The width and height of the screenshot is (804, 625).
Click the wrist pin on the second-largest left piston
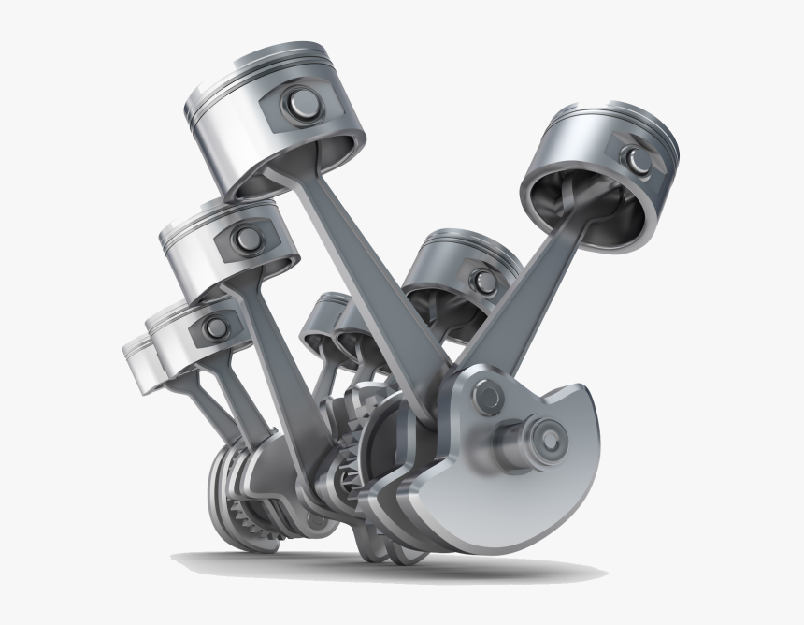click(x=246, y=236)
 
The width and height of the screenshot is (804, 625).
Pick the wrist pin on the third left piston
click(x=216, y=326)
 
